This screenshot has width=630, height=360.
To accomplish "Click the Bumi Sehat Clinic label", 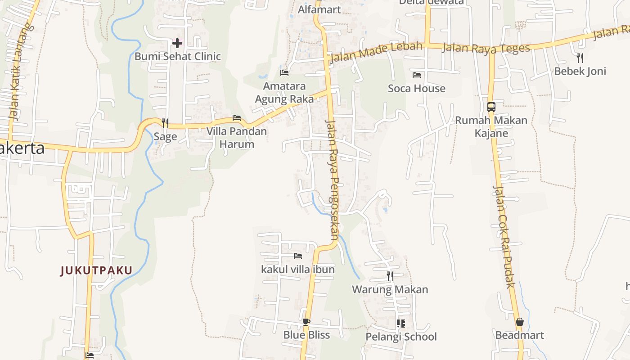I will (178, 56).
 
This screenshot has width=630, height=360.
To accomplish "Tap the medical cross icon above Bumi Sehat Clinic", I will (177, 43).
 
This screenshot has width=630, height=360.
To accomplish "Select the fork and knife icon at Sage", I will (165, 123).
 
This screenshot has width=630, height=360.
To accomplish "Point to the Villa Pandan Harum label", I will (237, 138).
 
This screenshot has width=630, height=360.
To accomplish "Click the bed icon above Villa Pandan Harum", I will (237, 118).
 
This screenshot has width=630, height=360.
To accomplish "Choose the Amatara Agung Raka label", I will (284, 92).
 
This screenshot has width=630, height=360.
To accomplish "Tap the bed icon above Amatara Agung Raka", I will (284, 72).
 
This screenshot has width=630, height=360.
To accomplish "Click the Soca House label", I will (417, 89).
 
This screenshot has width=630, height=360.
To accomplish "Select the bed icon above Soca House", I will (417, 75).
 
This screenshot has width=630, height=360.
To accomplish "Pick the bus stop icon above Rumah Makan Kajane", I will (491, 107).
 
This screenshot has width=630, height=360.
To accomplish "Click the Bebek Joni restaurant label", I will (580, 71).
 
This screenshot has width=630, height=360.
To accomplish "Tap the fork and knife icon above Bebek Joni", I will (580, 58).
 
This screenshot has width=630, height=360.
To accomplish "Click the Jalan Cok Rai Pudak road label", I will (504, 236).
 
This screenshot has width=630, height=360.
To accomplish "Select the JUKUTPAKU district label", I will (97, 270).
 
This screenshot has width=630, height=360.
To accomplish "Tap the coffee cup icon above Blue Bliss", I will (306, 321).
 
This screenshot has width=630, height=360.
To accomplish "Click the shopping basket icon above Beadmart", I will (520, 322).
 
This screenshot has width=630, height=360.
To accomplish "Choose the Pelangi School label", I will (401, 337).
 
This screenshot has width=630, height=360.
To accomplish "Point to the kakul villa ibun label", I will (298, 270).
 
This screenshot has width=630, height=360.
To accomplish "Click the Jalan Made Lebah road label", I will (376, 52).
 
